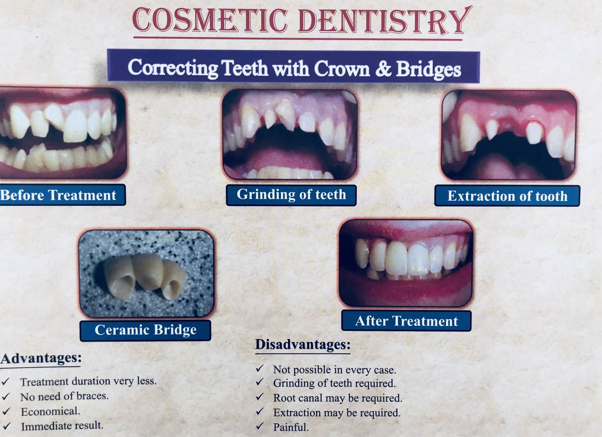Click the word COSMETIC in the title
pos(210,20)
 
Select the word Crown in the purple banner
pos(342,68)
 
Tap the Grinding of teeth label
pos(291,195)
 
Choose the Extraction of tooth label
pos(507,196)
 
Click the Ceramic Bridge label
pos(145,330)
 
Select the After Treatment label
pos(406,321)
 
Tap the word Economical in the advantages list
pos(50,411)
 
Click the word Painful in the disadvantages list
pos(291,427)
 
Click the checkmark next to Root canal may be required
pos(259,397)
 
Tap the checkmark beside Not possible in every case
pos(259,368)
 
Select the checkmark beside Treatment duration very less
pos(6,381)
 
